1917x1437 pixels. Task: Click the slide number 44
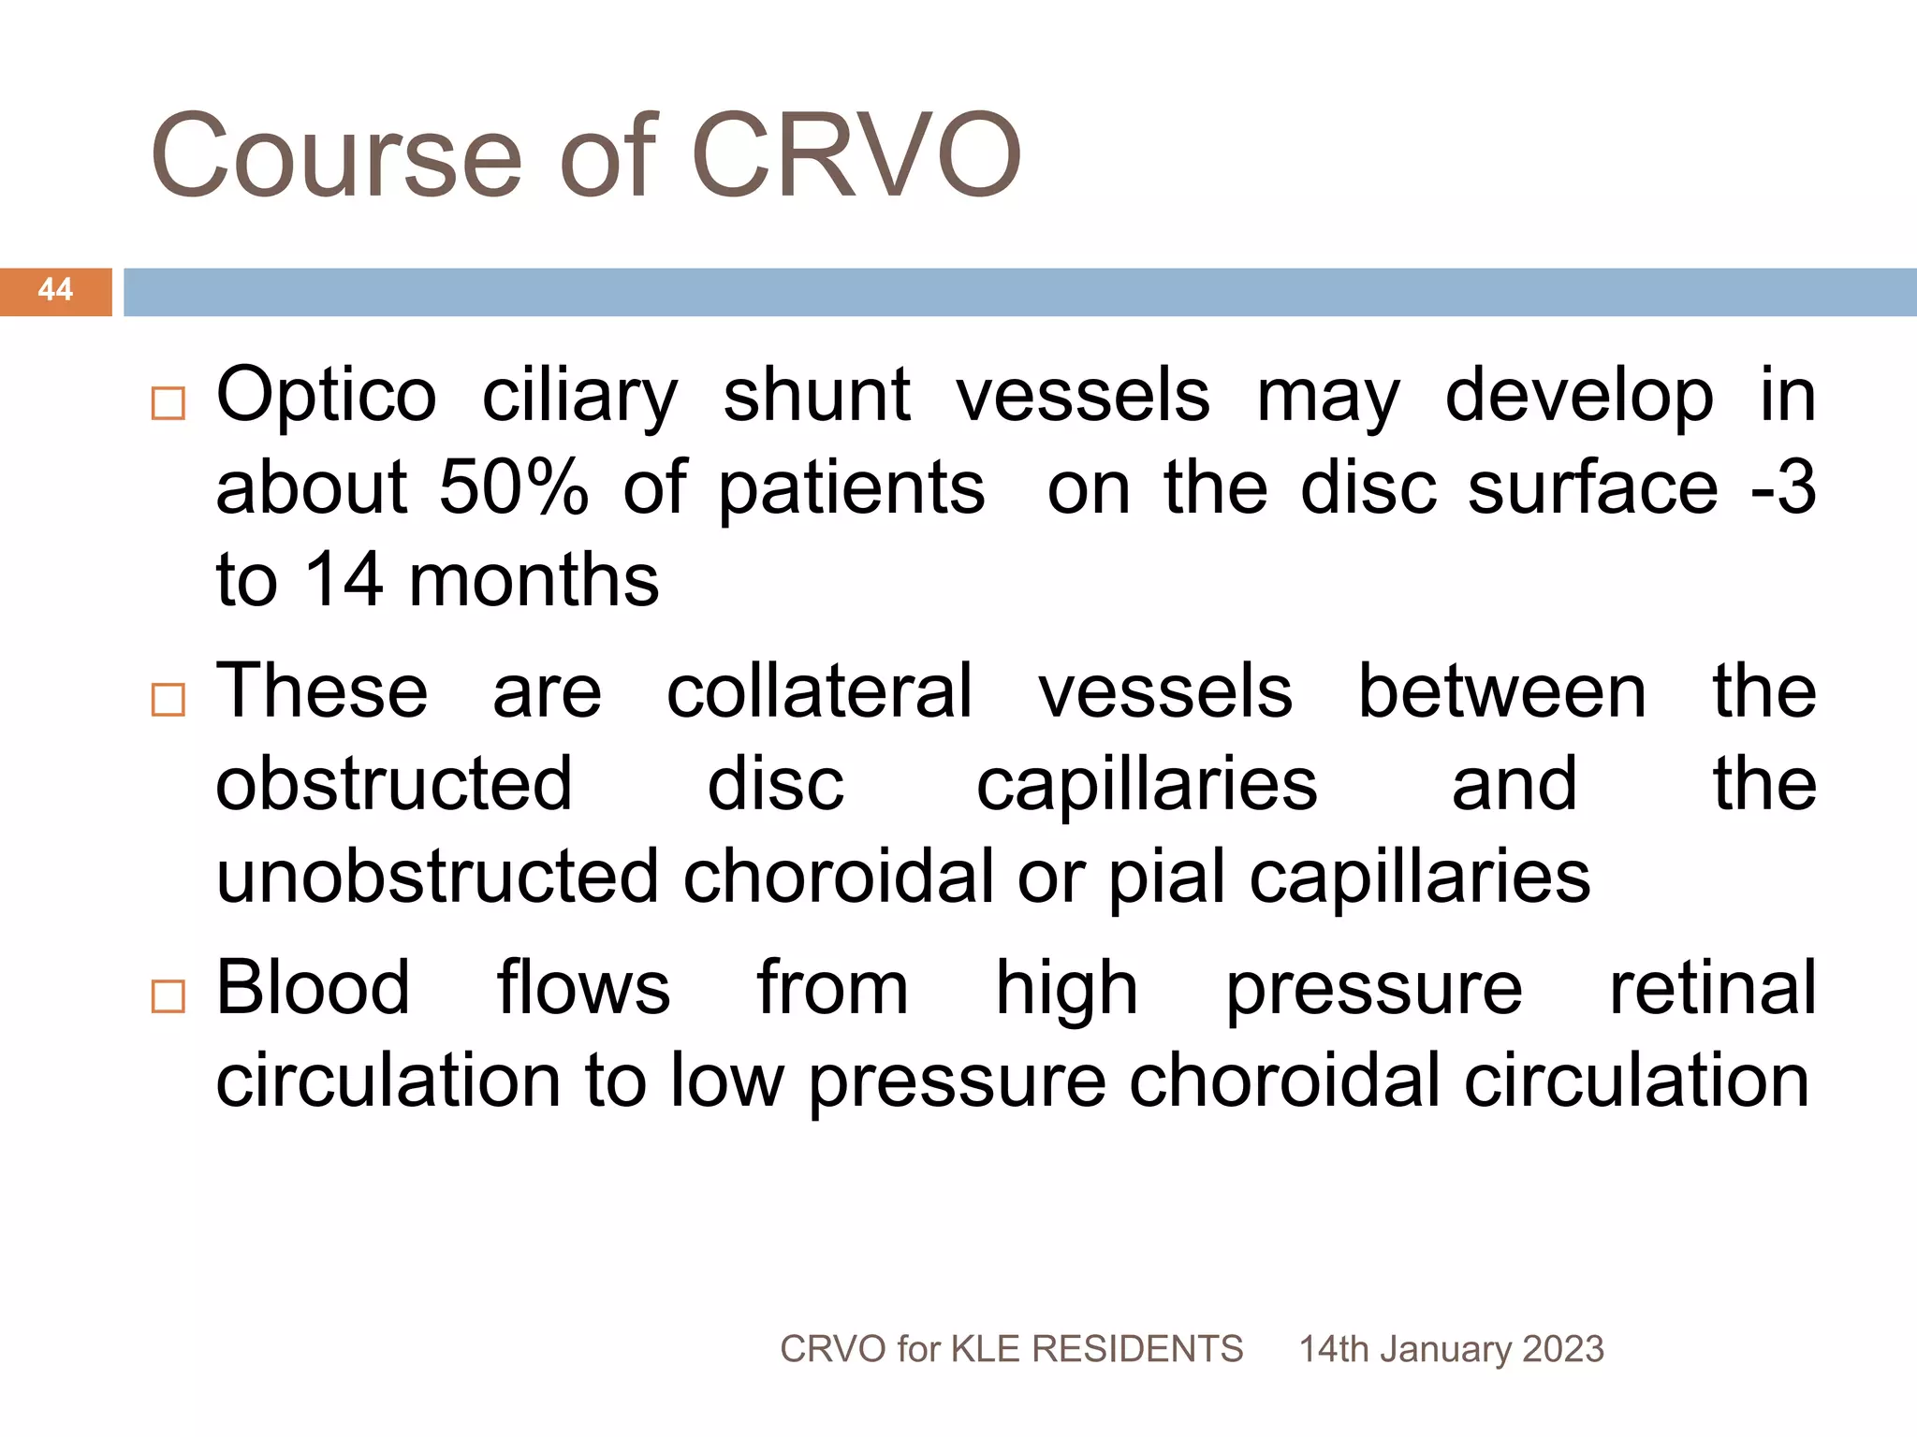click(x=55, y=290)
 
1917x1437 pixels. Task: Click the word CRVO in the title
click(x=856, y=156)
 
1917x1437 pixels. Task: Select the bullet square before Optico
click(x=168, y=404)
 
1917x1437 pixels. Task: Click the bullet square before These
click(x=168, y=700)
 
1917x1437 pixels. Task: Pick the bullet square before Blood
click(x=168, y=997)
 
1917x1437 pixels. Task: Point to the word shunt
click(x=816, y=395)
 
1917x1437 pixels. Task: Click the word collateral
click(x=820, y=691)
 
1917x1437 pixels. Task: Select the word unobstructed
click(x=438, y=877)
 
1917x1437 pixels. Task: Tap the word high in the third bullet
click(x=1066, y=989)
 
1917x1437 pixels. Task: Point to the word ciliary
click(x=579, y=397)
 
